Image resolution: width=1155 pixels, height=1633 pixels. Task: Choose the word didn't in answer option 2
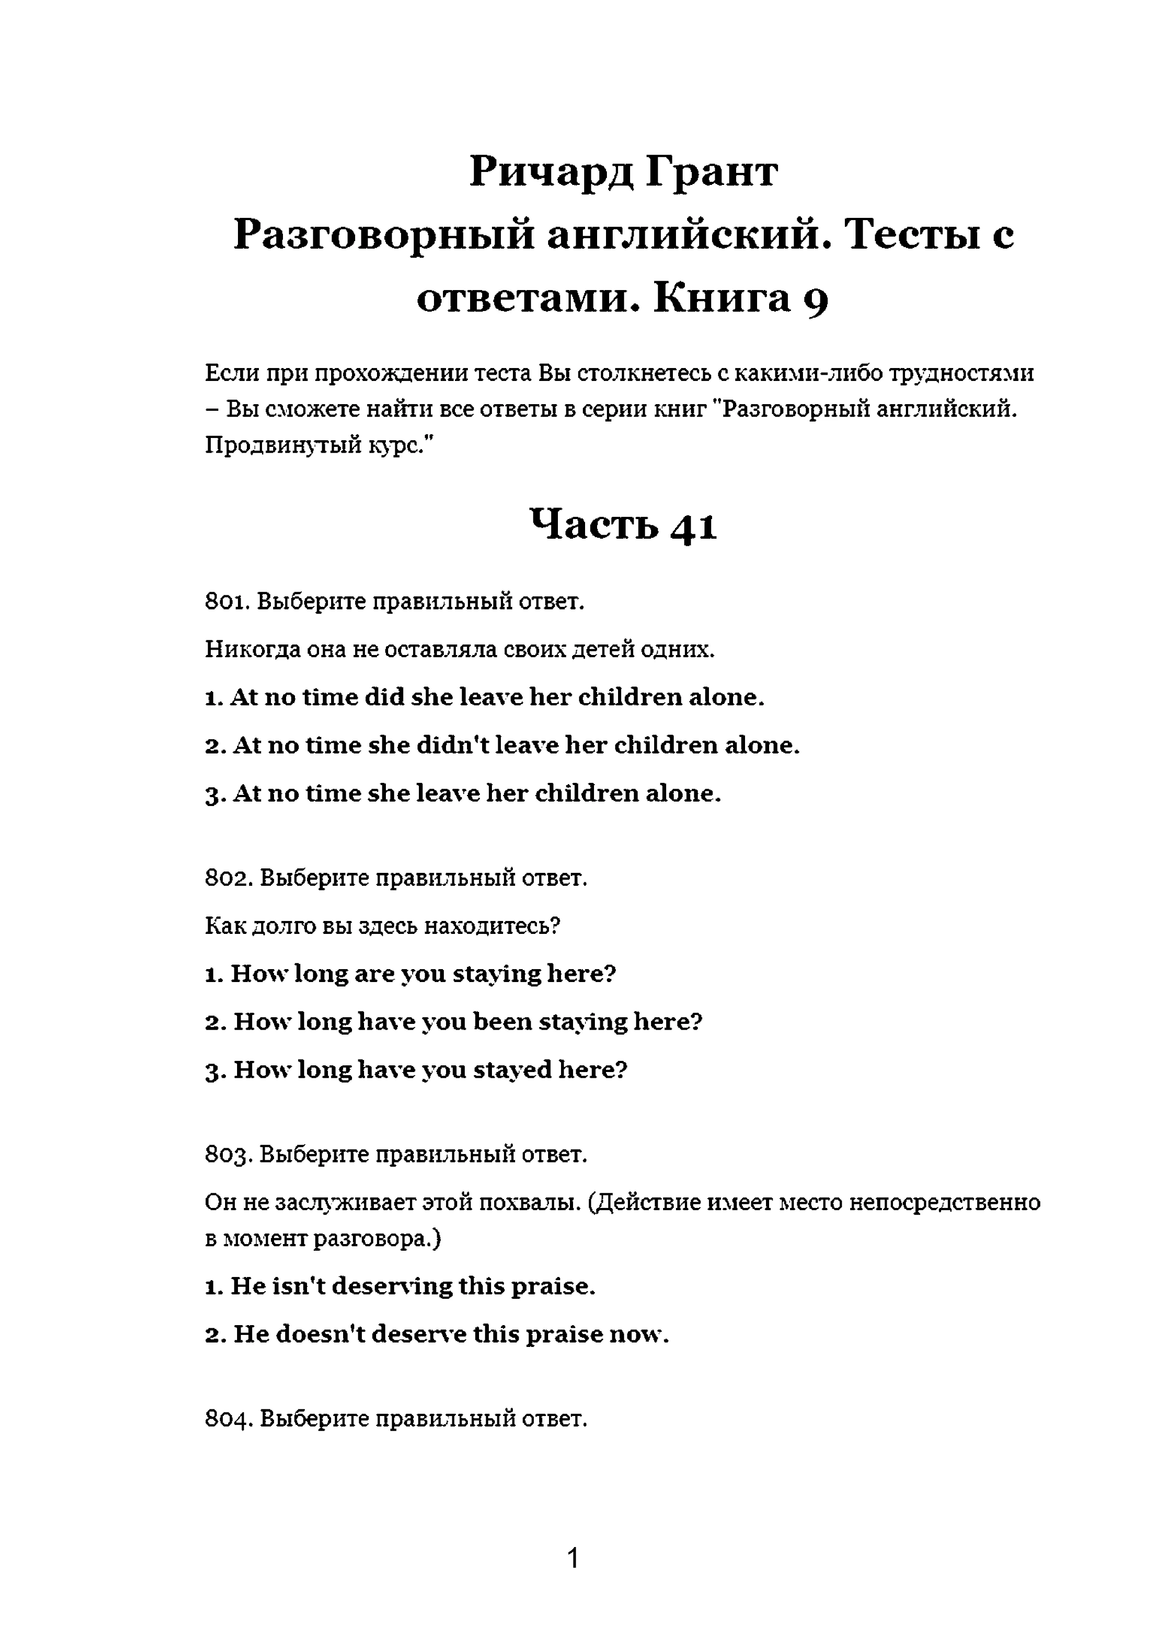point(451,745)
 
